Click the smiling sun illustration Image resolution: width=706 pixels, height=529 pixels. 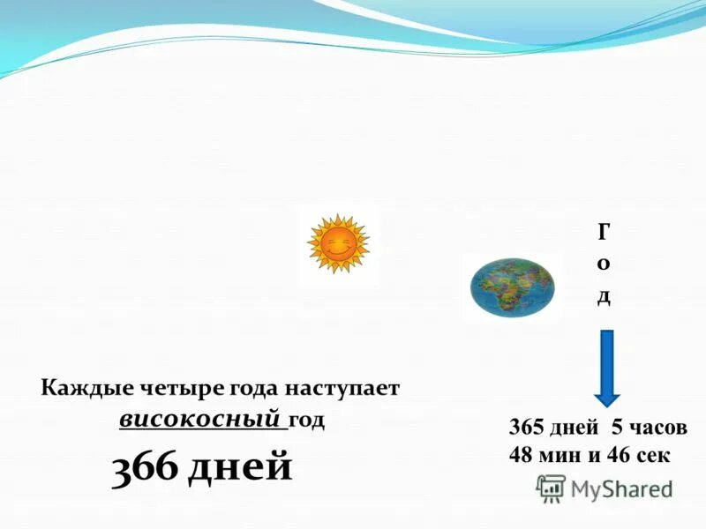338,243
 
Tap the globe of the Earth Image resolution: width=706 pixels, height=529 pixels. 511,287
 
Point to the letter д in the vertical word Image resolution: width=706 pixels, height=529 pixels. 604,295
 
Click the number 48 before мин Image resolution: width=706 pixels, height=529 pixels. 522,455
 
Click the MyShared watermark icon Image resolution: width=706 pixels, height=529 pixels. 552,488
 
